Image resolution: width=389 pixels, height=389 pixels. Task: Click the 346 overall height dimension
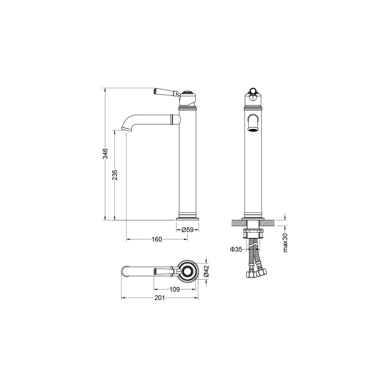coord(105,154)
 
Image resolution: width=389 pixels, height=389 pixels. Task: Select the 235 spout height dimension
coord(115,175)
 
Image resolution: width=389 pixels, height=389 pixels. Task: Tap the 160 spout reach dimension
coord(157,239)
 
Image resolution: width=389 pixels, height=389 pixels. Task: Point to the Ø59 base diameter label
coord(187,230)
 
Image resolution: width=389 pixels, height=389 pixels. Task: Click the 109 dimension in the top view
coord(175,289)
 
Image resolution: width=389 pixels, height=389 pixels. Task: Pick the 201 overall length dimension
coord(160,298)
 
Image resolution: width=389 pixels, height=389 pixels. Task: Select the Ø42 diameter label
coord(207,271)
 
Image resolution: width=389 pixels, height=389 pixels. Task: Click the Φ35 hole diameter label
coord(236,249)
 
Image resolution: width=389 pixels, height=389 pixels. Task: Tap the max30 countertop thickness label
coord(285,243)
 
